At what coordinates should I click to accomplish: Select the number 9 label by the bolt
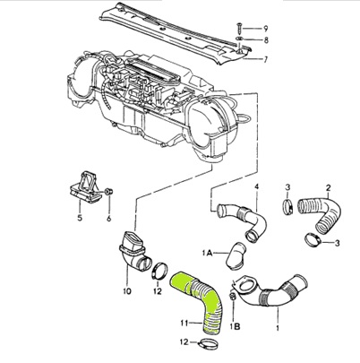[x=266, y=29]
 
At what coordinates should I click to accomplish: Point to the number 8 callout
[x=266, y=41]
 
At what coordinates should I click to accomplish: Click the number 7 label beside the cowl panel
[x=266, y=60]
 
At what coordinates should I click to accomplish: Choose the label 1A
[x=208, y=254]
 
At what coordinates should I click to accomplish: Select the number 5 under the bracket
[x=79, y=217]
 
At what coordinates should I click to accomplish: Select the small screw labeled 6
[x=107, y=192]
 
